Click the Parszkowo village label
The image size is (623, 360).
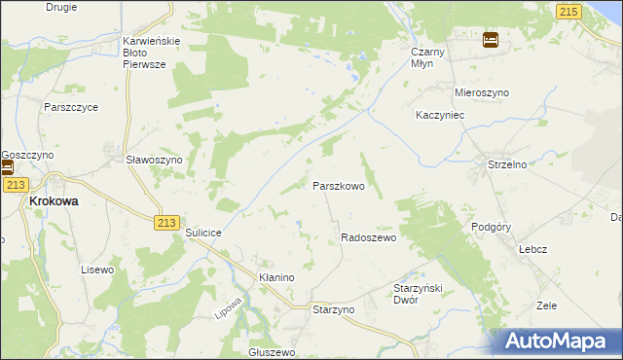338,185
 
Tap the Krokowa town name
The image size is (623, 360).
54,200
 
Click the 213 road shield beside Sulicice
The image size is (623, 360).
165,223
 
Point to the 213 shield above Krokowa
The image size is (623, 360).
14,184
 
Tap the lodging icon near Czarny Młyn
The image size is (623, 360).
491,40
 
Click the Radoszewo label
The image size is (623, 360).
368,238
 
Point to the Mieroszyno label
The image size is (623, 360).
482,92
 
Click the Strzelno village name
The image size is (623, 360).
506,165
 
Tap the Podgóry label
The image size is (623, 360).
491,226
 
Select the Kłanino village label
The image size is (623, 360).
276,277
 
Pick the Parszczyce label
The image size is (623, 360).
70,107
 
